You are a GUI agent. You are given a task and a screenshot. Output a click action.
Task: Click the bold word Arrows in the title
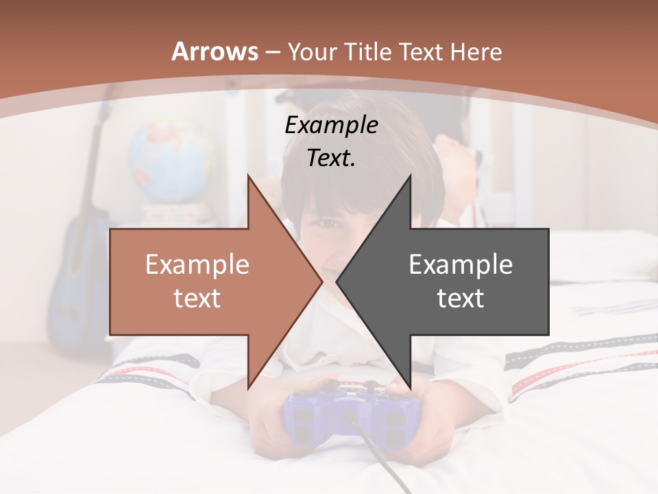pos(215,51)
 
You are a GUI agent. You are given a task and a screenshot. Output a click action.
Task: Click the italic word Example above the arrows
pos(331,126)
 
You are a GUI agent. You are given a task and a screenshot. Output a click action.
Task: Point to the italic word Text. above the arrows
pos(331,158)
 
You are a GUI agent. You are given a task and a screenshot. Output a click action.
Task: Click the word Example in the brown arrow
pos(197,264)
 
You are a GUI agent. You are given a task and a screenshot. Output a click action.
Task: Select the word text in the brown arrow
pos(197,298)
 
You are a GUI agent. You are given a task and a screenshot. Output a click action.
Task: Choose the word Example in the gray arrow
pos(461,264)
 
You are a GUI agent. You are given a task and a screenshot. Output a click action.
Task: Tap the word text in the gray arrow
pos(461,298)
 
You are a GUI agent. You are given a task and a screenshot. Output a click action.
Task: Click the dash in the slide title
pos(273,52)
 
